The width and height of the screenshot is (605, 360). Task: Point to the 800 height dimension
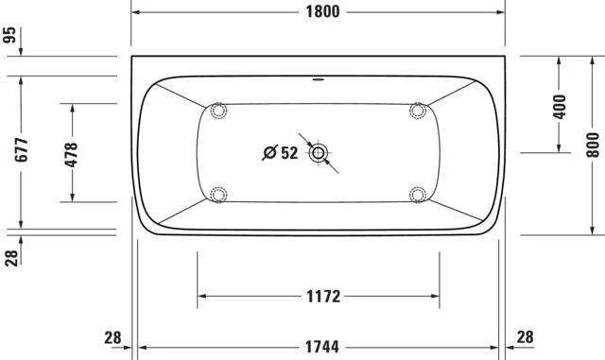593,142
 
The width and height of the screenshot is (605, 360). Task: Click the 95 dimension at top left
10,37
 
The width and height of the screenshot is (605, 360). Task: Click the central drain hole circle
319,152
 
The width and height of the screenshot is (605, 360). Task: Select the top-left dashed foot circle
219,111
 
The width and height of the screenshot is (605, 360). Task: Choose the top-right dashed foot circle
417,111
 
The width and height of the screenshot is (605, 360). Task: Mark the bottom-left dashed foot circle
219,195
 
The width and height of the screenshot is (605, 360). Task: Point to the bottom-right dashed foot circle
417,195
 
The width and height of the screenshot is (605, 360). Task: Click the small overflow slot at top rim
319,79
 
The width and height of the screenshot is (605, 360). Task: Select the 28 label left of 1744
112,337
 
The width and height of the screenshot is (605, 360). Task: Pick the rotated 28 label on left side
10,256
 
